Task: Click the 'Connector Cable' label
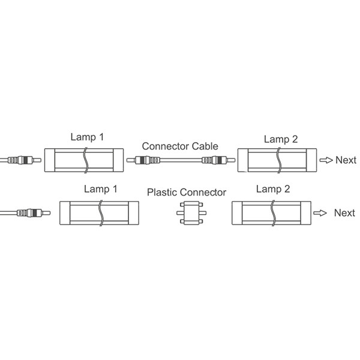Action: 180,146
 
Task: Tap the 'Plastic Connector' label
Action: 187,193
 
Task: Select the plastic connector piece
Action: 191,213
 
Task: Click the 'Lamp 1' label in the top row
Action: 87,137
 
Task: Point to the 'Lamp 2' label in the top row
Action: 281,139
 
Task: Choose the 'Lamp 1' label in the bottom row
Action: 101,189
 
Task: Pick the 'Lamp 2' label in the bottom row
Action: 273,189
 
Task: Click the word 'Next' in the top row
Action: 346,160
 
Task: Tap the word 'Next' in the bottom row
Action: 344,213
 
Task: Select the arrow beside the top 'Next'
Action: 326,160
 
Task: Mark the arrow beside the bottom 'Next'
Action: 320,213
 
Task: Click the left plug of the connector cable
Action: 143,160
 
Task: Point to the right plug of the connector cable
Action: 218,160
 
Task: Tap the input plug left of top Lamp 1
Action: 25,160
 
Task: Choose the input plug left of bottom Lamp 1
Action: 34,213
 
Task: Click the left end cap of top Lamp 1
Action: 50,160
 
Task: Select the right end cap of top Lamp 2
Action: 311,160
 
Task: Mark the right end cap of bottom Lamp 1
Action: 134,213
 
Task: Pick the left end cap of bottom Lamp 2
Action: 237,213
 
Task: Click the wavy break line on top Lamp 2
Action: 279,160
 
